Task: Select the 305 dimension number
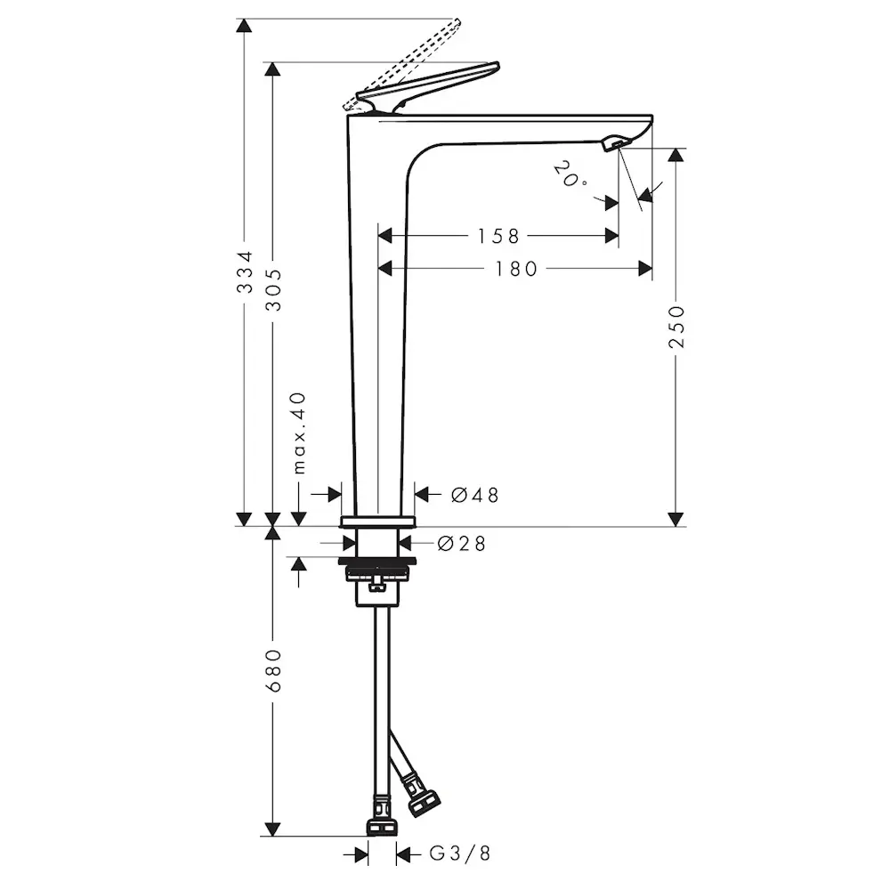tap(274, 289)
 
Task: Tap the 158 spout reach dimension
tap(498, 236)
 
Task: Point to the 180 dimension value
tap(516, 268)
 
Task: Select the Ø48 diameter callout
tap(474, 495)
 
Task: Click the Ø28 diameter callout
tap(461, 543)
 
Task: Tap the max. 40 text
tap(299, 433)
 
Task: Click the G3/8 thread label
tap(460, 854)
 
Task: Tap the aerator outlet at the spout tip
tap(613, 142)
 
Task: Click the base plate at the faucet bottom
tap(377, 521)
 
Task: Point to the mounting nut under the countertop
tap(377, 570)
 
